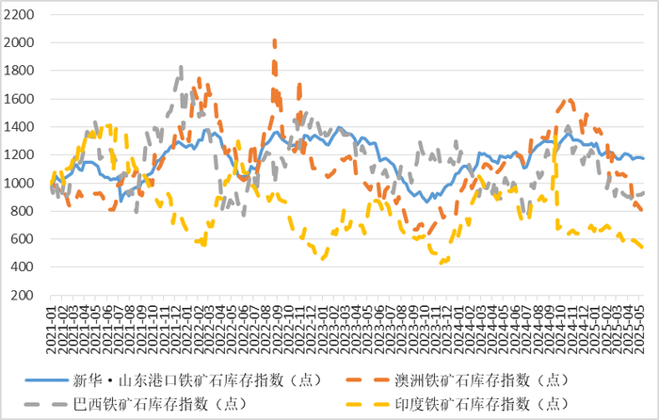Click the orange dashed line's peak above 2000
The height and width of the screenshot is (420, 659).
pos(274,41)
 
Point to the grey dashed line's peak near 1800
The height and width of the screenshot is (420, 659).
pos(180,69)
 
